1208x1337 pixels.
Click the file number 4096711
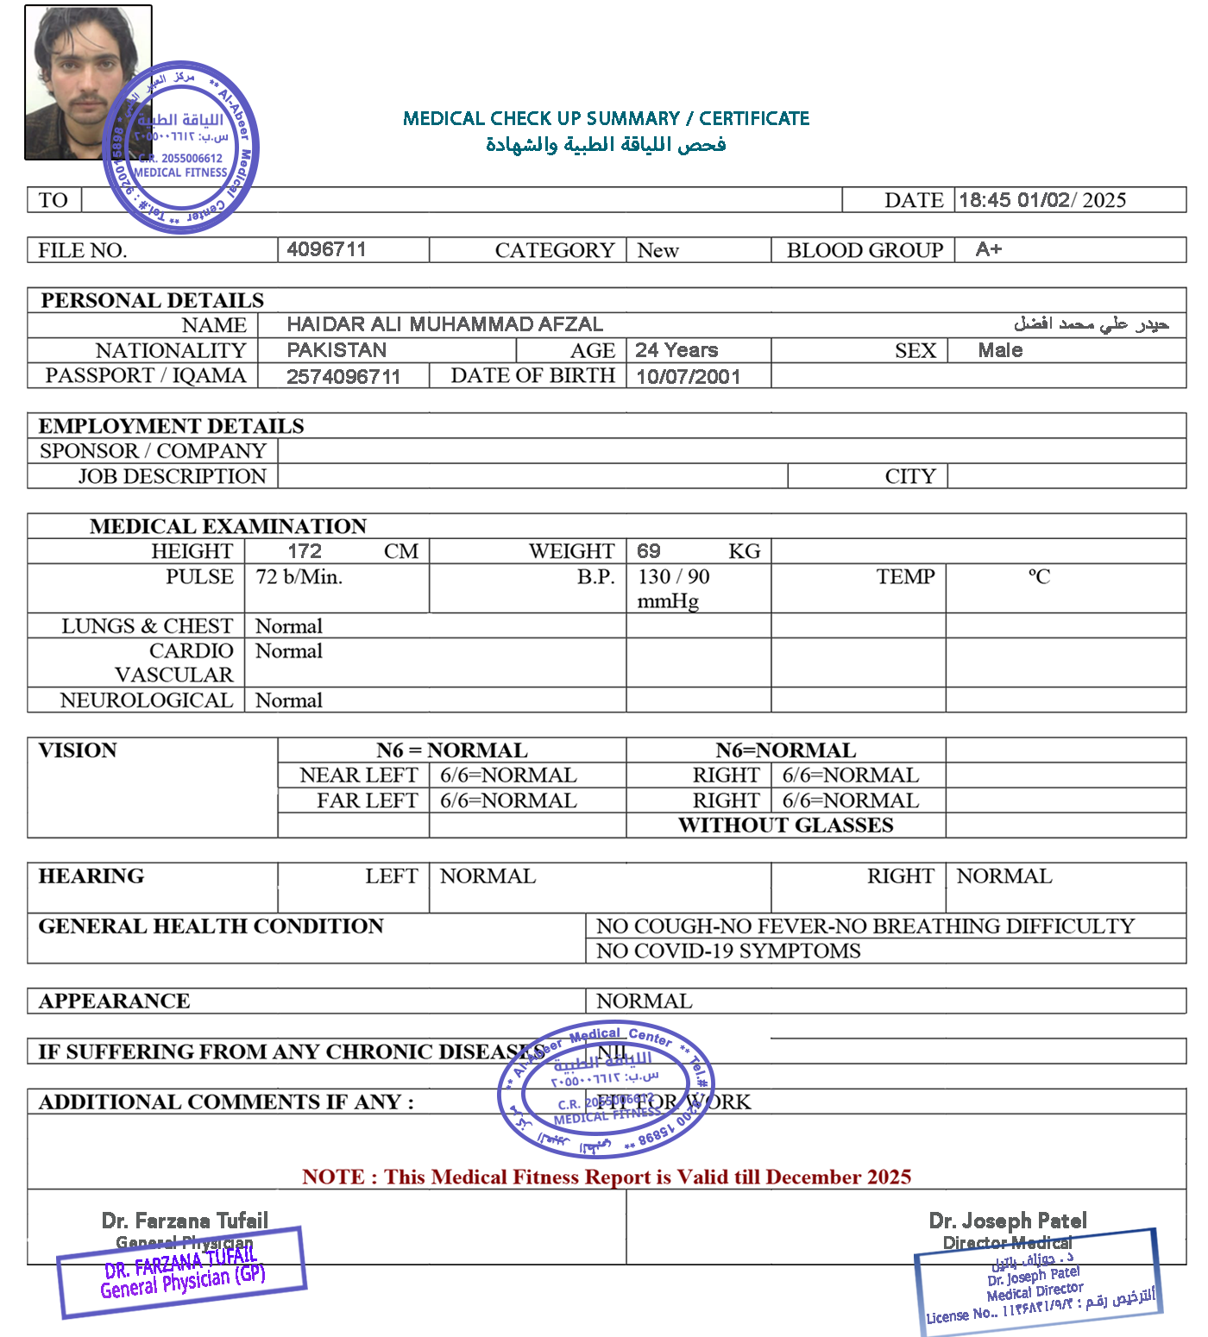tap(326, 249)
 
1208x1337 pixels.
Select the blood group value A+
tap(988, 249)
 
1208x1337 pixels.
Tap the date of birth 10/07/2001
tap(688, 376)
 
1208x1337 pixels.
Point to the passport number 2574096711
tap(343, 376)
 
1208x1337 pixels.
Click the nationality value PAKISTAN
tap(337, 350)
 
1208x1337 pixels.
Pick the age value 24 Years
tap(676, 350)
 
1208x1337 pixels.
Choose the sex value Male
tap(1000, 350)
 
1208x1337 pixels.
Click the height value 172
tap(305, 551)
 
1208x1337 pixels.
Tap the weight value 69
tap(649, 551)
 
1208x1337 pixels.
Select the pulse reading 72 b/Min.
tap(299, 576)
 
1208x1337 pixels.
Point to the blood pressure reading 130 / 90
tap(673, 576)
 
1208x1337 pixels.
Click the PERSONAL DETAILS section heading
tap(152, 300)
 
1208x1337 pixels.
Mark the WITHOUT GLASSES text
tap(785, 825)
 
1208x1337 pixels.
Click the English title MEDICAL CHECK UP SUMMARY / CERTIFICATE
tap(606, 118)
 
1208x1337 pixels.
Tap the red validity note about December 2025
tap(606, 1177)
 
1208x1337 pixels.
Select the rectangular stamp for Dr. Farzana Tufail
tap(182, 1272)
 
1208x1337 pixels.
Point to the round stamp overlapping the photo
tap(181, 147)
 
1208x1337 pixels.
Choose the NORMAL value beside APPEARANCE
tap(644, 1001)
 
